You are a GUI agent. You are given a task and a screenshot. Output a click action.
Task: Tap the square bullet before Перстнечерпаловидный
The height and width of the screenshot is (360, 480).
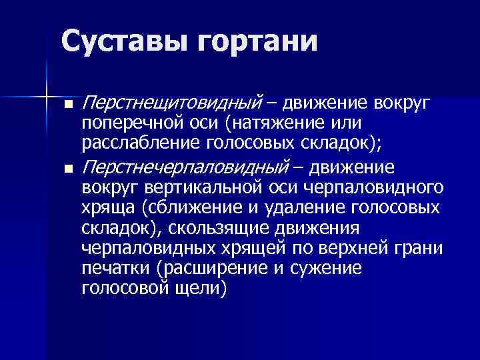pyautogui.click(x=68, y=167)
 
